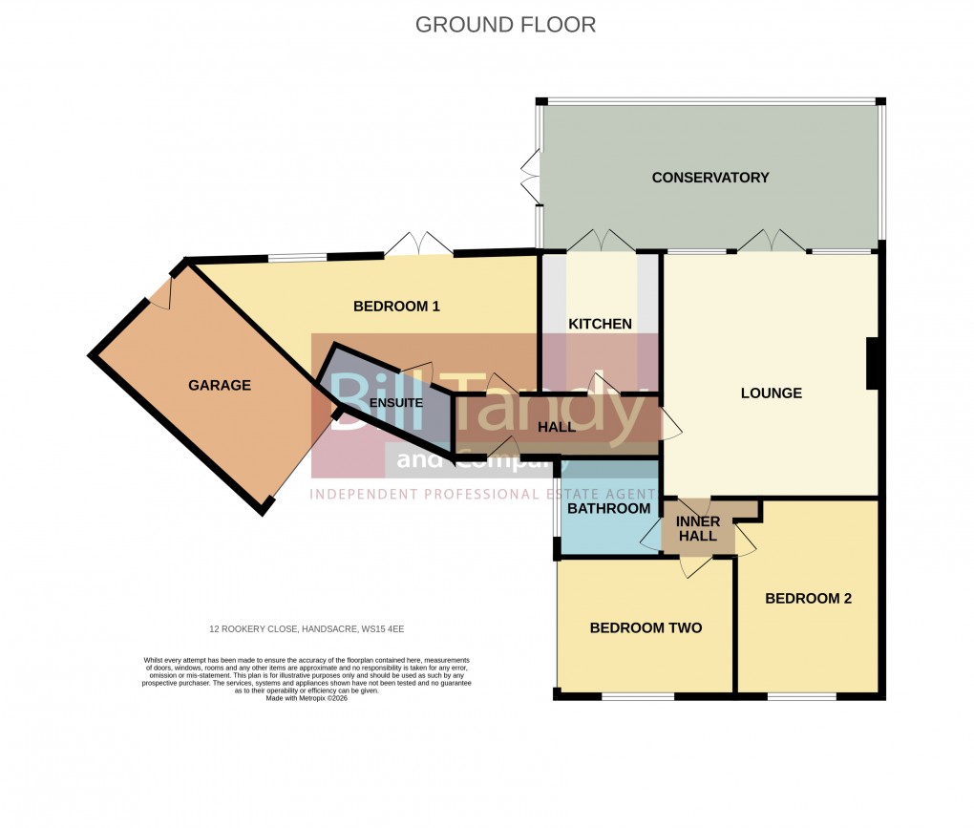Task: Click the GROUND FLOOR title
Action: (505, 25)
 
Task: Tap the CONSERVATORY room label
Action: (709, 178)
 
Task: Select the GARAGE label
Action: (219, 386)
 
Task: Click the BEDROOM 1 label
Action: (396, 307)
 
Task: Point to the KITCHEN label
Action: (600, 324)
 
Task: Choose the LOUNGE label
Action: (771, 393)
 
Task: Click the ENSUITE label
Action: (395, 403)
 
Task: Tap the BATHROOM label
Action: (608, 509)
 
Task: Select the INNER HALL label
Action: (696, 529)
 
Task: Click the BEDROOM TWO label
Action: (646, 627)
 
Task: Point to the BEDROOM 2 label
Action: (808, 599)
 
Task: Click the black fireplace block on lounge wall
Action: (872, 364)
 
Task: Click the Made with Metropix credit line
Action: (307, 698)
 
